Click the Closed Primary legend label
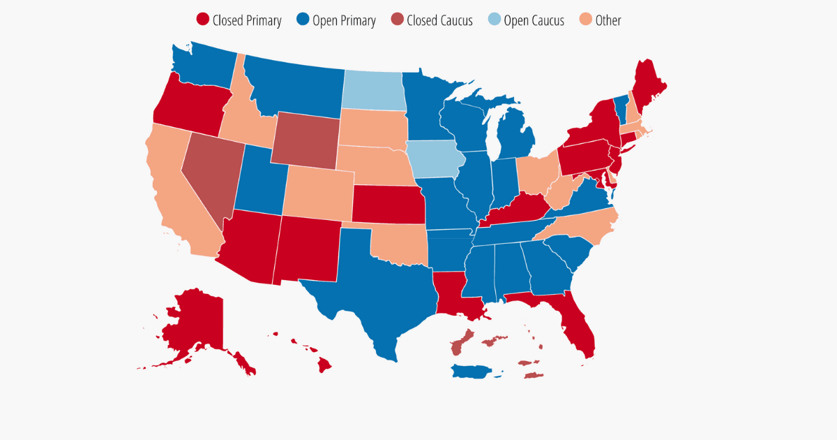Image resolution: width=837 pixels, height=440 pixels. pos(247,20)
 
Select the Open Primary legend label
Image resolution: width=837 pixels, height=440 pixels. pos(344,20)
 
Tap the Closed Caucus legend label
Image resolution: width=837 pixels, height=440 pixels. pos(439,20)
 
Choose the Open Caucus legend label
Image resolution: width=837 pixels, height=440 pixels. pos(534,20)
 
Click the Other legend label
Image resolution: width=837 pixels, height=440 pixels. pos(608,20)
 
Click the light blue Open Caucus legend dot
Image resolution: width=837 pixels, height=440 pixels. pos(494,20)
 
